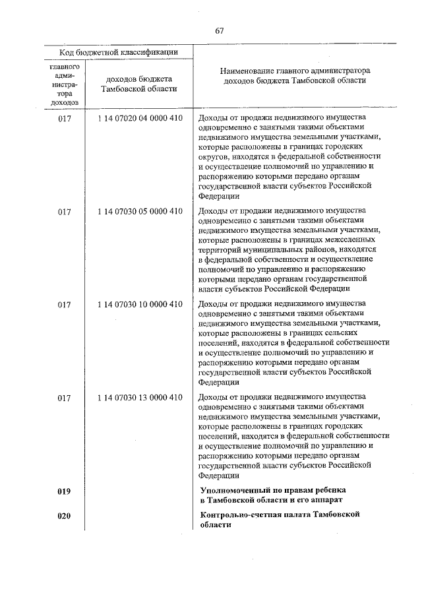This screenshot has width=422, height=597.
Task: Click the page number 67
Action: [x=220, y=31]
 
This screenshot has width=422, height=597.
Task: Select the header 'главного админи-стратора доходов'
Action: [x=64, y=84]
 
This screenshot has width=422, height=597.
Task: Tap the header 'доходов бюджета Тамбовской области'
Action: [x=138, y=84]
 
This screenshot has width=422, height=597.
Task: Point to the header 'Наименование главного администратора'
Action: [x=294, y=69]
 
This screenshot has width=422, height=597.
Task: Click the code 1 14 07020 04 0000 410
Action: [x=138, y=118]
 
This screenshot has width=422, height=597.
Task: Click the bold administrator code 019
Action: [x=64, y=491]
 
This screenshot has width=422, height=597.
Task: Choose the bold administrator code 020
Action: [x=64, y=515]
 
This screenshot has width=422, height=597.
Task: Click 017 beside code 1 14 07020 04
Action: [x=64, y=118]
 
